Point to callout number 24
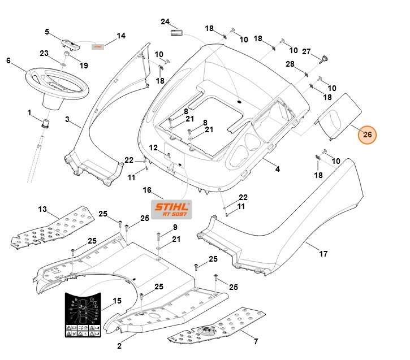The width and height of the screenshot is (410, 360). point(165,22)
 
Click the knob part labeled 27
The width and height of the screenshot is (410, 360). point(326,59)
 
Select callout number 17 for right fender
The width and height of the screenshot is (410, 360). point(323,254)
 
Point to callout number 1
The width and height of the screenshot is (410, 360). point(29,112)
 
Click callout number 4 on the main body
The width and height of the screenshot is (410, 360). point(277,169)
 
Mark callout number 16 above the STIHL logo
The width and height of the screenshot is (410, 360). point(147,190)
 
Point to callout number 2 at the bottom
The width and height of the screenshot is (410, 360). point(119,345)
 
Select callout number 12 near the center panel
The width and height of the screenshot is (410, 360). point(153,148)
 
